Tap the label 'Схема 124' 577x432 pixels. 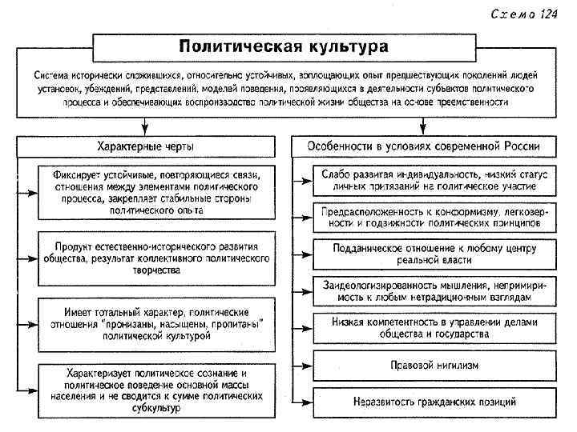coord(525,14)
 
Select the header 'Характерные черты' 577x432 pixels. coord(145,146)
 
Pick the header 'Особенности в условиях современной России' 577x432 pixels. coord(424,146)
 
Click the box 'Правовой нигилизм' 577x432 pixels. coord(434,366)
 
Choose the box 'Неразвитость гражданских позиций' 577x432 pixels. coord(434,401)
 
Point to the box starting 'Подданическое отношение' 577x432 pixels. coord(434,254)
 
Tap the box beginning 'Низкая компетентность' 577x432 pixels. coord(434,326)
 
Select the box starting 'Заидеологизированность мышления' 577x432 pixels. coord(434,290)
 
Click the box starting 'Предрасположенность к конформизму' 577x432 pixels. coord(434,218)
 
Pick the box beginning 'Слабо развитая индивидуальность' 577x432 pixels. coord(434,181)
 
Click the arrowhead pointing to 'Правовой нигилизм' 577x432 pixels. coord(308,366)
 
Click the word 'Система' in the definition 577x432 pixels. coord(51,74)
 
